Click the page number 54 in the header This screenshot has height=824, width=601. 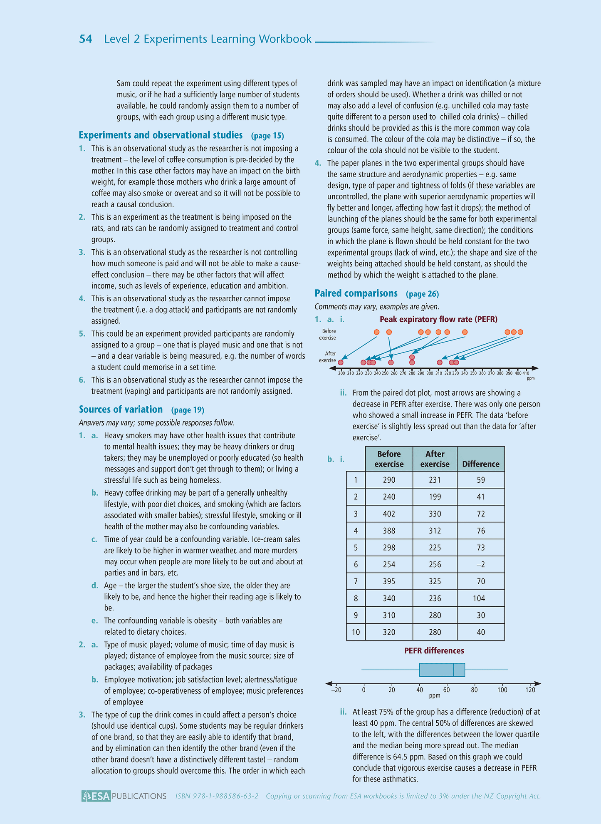86,39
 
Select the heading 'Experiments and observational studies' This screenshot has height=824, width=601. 161,135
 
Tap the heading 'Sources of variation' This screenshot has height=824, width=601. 121,410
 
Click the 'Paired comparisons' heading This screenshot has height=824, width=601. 356,293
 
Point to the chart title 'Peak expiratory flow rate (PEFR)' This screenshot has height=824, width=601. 438,319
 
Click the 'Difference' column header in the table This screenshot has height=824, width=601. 480,464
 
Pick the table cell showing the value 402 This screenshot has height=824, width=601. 389,514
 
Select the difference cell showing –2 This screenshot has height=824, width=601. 480,565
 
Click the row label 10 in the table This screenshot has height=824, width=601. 356,632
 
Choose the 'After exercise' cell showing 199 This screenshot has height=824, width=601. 435,497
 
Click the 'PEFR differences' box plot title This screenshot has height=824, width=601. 434,650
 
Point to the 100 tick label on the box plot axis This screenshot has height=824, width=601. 502,690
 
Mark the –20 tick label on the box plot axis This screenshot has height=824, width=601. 336,690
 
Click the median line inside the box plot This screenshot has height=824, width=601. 453,670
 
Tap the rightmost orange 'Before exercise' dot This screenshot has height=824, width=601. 520,332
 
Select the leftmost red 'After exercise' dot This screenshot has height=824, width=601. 341,362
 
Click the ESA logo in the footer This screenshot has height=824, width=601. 96,796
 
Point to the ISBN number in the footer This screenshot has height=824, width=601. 217,796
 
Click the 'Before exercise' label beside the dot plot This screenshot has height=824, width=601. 327,335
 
